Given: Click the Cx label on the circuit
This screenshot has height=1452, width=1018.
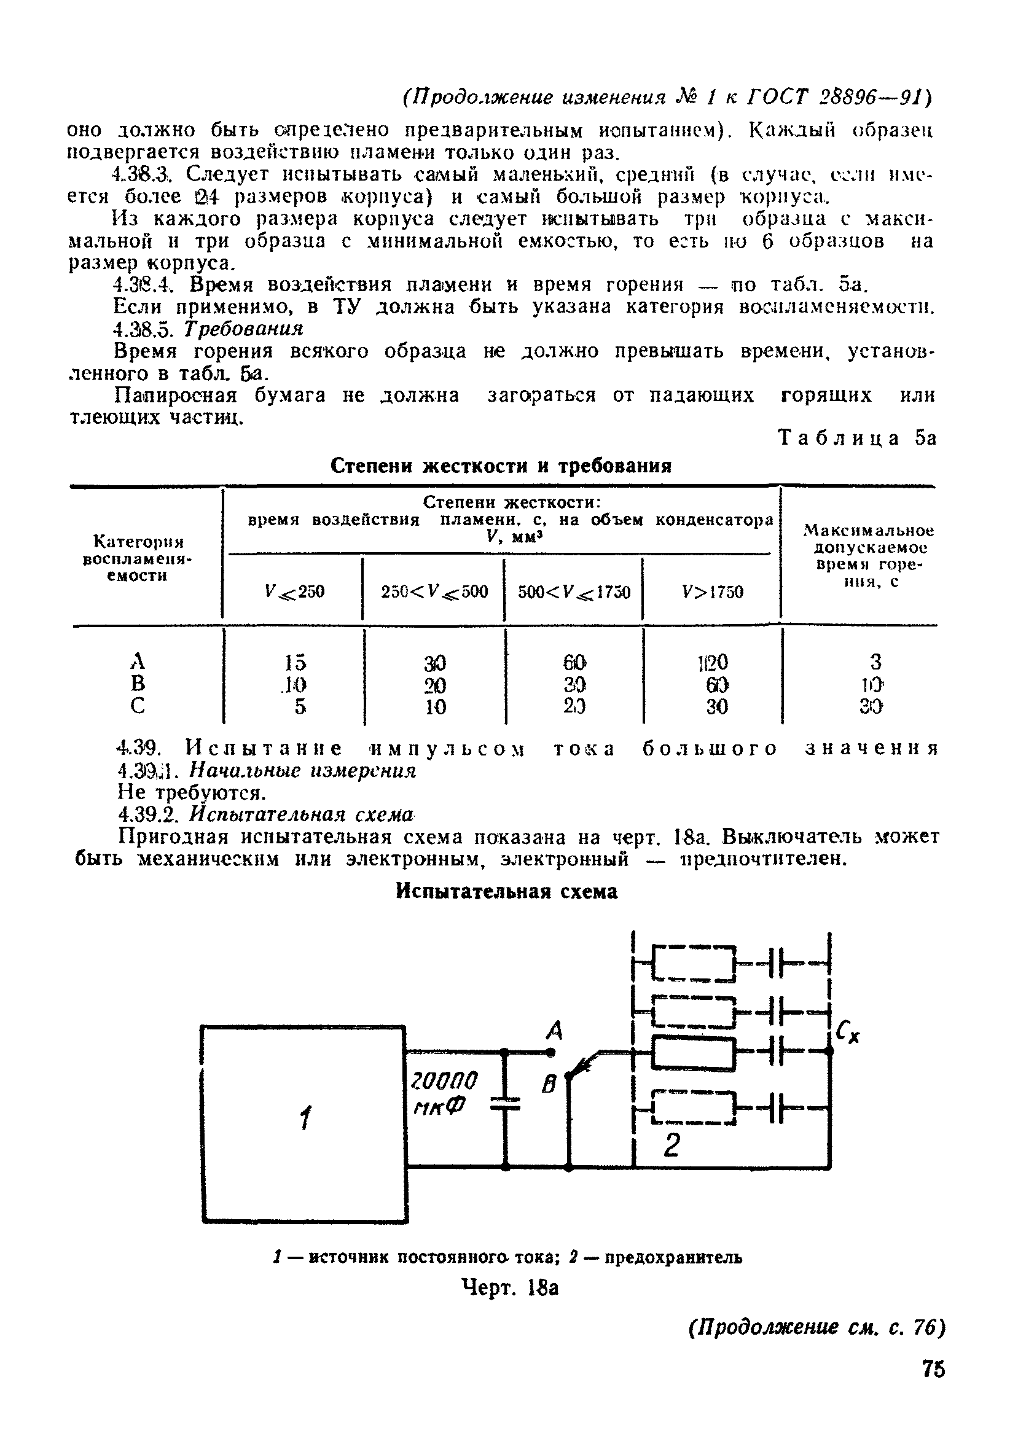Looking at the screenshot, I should (x=848, y=1033).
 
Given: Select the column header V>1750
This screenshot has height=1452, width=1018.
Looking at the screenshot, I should (x=713, y=592).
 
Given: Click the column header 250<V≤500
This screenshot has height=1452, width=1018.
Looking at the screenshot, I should (x=434, y=592).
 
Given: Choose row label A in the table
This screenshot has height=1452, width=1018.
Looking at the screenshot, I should (x=138, y=662).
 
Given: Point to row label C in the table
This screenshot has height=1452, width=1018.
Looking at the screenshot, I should (x=138, y=706).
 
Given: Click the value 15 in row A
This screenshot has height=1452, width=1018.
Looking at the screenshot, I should (x=295, y=662).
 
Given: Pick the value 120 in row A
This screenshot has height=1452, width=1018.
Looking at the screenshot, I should (x=713, y=662).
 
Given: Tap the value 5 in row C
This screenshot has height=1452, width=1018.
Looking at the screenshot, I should (x=300, y=706).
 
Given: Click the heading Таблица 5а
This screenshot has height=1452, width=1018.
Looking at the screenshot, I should (x=857, y=439).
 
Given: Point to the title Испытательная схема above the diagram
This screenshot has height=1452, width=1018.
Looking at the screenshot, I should (x=506, y=892).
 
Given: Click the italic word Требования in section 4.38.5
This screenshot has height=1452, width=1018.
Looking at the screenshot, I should (x=243, y=329).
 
